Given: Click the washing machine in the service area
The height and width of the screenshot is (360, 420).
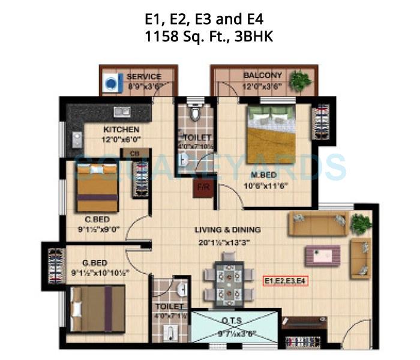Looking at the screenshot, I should click(x=110, y=83).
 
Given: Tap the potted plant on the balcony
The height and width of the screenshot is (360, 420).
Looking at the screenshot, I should click(x=300, y=80).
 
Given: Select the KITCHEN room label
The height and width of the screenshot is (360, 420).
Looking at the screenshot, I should click(x=121, y=130).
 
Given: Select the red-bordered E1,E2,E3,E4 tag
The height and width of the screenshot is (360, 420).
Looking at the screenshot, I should click(x=285, y=280).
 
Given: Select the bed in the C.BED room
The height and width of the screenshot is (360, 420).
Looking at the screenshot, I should click(x=97, y=187).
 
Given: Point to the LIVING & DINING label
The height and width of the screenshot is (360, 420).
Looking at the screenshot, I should click(x=227, y=230).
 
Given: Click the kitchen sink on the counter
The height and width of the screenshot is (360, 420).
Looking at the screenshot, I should click(x=122, y=111).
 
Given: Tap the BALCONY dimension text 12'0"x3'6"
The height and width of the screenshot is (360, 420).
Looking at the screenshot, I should click(x=262, y=86).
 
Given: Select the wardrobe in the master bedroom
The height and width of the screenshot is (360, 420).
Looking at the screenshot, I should click(x=320, y=122).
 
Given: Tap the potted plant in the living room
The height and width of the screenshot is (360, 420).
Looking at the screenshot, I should click(x=361, y=223).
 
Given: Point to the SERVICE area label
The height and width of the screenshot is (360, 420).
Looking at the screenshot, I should click(x=144, y=77).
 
